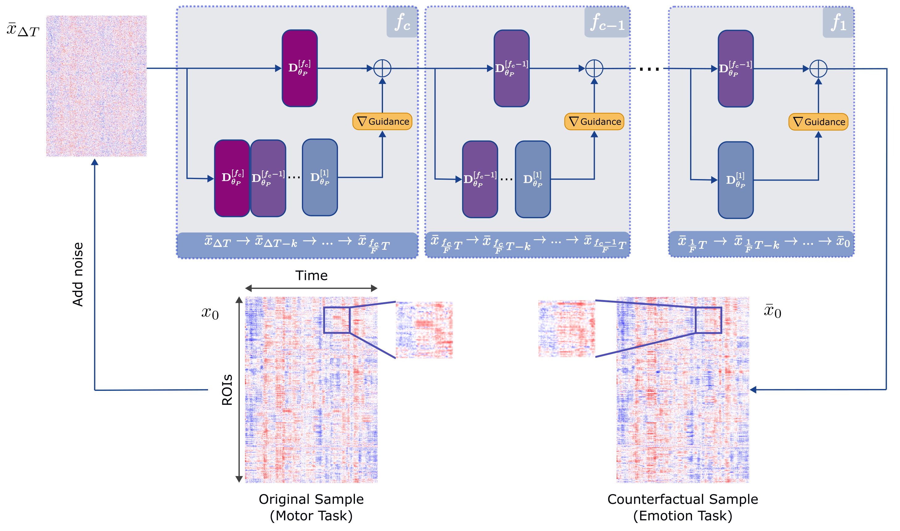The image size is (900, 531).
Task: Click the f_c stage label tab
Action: coord(402,22)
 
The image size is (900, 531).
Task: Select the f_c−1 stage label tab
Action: coord(607,22)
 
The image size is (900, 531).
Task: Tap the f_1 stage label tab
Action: coord(838,22)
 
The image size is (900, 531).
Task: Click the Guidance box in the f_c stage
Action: coord(382,121)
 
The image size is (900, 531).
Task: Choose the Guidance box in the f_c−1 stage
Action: coord(594,121)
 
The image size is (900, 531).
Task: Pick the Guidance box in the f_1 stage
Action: coord(818,122)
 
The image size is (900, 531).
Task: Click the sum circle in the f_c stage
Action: coord(382,68)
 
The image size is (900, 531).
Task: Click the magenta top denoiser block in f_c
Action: coord(299,68)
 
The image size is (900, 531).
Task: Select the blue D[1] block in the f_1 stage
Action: coord(735,180)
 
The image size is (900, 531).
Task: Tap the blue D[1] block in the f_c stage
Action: coord(319,178)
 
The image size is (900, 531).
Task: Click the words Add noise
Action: coord(77,274)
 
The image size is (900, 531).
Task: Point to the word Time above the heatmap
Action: coord(311,275)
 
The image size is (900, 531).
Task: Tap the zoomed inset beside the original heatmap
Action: coord(424,329)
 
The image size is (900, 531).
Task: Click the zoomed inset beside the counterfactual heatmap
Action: coord(566,328)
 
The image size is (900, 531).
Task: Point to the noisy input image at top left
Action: coord(96,86)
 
